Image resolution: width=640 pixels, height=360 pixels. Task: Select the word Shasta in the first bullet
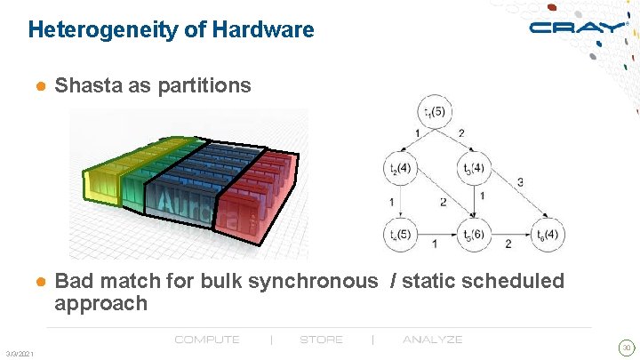88,86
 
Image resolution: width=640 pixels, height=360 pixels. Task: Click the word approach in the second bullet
100,304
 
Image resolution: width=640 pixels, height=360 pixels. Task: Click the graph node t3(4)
475,168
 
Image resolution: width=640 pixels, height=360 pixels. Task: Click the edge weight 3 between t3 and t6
520,181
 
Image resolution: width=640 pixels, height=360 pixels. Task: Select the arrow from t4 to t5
436,235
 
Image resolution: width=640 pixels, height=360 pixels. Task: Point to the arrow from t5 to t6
511,235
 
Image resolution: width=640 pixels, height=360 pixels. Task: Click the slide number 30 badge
626,347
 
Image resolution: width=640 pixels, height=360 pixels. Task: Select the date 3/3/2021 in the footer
19,355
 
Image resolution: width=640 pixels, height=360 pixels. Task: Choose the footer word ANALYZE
432,340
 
